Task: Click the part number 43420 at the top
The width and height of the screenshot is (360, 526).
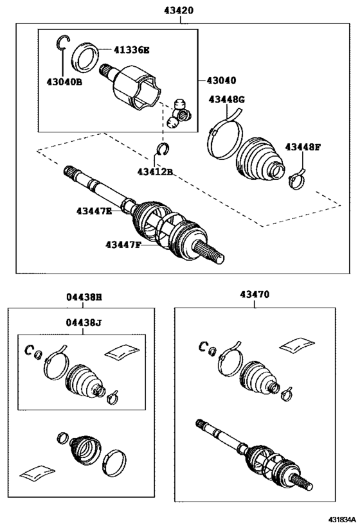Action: pos(179,10)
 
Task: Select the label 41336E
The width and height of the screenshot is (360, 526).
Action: pos(131,50)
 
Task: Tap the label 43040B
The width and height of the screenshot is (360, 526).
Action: pos(64,82)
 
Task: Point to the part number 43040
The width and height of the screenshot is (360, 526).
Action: pos(221,80)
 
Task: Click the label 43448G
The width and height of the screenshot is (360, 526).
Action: pos(227,100)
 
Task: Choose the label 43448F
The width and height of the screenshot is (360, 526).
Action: pos(303,147)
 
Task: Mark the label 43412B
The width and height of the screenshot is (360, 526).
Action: pos(155,171)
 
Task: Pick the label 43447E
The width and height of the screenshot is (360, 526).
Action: pos(94,211)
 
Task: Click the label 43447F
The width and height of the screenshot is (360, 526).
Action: pos(123,245)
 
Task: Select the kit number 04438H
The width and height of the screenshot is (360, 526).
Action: pos(84,297)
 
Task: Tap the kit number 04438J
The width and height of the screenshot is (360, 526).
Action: pos(84,322)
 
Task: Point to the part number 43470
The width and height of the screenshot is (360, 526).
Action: pos(255,295)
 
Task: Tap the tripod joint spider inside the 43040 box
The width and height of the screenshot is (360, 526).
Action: pos(179,115)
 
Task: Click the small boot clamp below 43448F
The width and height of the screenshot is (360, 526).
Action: pos(297,180)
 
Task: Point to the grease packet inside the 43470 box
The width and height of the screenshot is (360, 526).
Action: pos(297,346)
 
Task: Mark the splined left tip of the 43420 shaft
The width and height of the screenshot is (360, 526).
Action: pos(69,171)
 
